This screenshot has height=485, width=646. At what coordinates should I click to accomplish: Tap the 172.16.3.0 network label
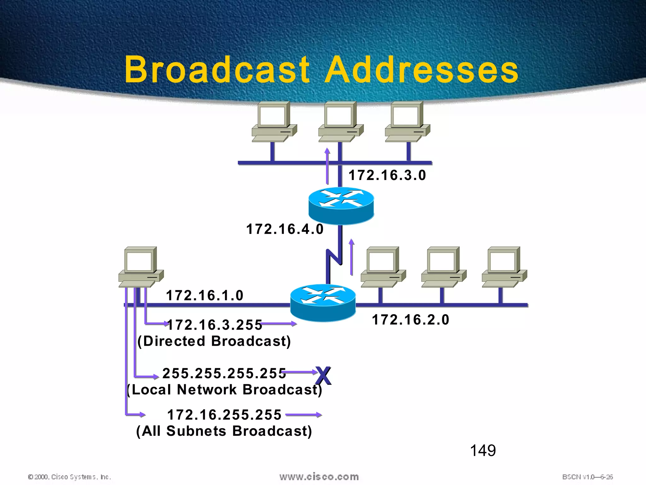(387, 175)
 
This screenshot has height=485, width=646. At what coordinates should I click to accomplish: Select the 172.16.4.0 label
(285, 229)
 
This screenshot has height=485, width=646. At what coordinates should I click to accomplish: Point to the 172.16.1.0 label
(205, 296)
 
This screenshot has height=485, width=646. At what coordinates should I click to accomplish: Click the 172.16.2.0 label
(410, 320)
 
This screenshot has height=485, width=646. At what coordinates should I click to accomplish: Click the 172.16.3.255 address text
(215, 325)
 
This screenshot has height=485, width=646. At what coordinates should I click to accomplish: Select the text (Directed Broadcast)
(214, 341)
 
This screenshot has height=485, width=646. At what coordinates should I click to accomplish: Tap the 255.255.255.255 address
(224, 373)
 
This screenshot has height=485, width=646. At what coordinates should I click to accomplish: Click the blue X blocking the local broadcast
(323, 376)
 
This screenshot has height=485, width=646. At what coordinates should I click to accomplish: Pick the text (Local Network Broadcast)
(224, 390)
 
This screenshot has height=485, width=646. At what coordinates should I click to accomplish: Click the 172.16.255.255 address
(224, 415)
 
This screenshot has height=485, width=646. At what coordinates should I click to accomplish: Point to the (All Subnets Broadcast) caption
(224, 431)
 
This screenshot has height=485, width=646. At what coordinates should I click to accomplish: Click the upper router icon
(341, 206)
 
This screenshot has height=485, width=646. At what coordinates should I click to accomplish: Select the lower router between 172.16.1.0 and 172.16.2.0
(323, 302)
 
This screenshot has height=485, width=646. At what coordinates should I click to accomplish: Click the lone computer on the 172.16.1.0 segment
(141, 267)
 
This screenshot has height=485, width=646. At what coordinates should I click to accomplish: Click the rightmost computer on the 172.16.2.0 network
(504, 267)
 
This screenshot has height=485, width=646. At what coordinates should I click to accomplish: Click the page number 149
(483, 451)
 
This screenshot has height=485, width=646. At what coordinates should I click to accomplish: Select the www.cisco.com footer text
(319, 477)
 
